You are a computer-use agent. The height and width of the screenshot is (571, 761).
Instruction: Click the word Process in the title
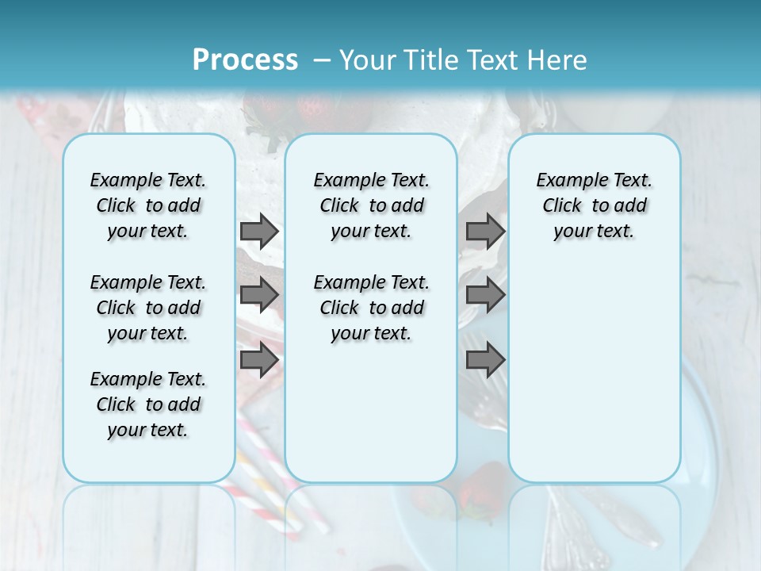click(x=245, y=60)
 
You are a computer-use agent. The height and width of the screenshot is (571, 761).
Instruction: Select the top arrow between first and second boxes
click(x=259, y=231)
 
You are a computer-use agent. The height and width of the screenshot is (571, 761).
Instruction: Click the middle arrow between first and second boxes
click(x=259, y=295)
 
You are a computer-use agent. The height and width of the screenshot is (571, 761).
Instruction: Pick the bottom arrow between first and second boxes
click(x=259, y=360)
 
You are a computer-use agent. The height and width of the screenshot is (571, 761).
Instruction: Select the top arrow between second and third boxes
click(x=485, y=231)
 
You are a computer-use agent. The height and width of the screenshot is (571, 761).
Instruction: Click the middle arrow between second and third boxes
click(x=485, y=295)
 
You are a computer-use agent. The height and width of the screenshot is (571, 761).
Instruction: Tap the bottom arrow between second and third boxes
click(x=485, y=360)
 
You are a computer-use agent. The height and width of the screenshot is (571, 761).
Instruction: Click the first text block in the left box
click(x=148, y=205)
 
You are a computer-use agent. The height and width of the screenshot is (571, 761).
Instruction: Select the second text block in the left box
click(x=148, y=308)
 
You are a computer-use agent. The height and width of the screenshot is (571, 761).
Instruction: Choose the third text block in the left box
click(x=148, y=404)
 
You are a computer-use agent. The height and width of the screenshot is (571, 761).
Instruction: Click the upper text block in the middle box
click(x=371, y=205)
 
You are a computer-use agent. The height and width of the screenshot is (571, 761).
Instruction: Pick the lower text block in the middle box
click(x=371, y=308)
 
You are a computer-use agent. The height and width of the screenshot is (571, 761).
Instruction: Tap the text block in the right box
click(x=594, y=205)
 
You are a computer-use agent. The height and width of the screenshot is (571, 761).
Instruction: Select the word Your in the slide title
click(x=361, y=60)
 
